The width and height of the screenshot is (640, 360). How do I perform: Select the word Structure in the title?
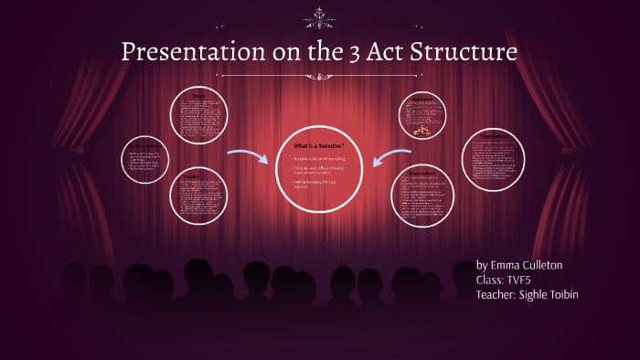[x=465, y=51]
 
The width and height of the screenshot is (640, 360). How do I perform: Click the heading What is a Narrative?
[x=319, y=146]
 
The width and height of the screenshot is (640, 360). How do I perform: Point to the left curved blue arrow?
[x=244, y=159]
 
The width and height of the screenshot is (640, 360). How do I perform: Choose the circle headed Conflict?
[x=198, y=196]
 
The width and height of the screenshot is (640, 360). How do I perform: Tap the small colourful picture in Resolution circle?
[x=423, y=131]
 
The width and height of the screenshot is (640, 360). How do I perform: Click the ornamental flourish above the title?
[x=320, y=16]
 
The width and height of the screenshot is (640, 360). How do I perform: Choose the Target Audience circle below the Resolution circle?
[x=421, y=196]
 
